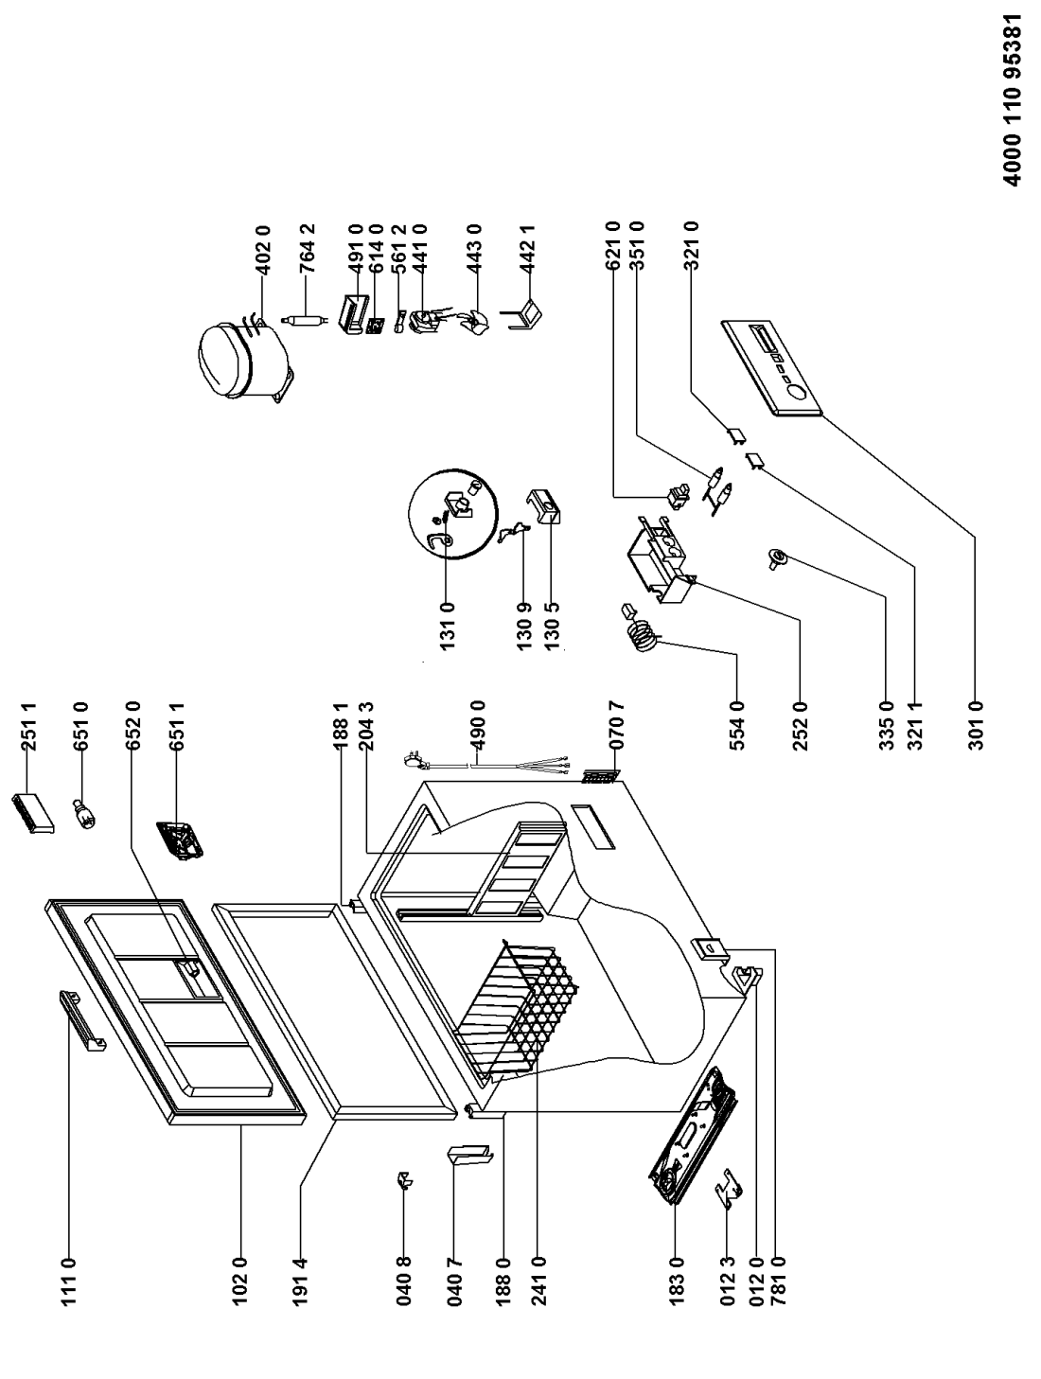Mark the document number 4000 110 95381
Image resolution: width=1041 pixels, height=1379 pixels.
coord(1013,115)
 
